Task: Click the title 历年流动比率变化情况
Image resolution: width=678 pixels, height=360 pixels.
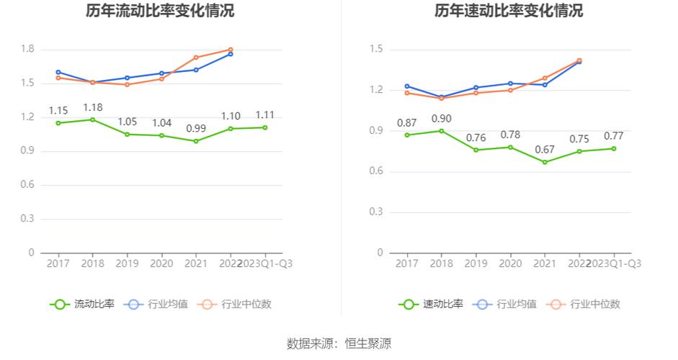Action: (x=160, y=12)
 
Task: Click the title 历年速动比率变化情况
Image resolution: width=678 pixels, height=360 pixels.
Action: (x=509, y=12)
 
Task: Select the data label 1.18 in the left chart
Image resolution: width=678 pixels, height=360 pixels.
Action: (x=93, y=108)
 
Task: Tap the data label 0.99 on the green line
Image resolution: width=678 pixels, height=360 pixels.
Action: (x=196, y=129)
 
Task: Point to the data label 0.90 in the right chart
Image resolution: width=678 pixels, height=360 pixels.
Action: (x=442, y=119)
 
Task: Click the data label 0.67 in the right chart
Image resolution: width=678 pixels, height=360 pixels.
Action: (x=545, y=150)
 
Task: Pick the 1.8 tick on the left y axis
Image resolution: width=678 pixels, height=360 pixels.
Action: (x=28, y=49)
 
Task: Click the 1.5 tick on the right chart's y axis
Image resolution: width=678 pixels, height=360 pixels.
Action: (x=376, y=49)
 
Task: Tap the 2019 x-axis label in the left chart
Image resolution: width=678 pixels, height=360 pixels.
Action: (x=128, y=264)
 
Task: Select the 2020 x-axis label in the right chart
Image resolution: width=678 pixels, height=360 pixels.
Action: (x=510, y=264)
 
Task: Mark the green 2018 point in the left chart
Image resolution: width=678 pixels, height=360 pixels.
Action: (x=93, y=120)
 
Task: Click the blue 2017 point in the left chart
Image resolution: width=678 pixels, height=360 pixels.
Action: (x=58, y=72)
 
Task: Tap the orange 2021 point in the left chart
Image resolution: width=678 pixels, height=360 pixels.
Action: (x=196, y=58)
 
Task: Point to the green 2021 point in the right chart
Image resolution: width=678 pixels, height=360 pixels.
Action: (x=545, y=162)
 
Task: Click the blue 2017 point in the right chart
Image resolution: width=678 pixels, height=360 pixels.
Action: (x=407, y=86)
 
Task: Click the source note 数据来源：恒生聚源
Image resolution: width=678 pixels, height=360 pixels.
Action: (x=339, y=343)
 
